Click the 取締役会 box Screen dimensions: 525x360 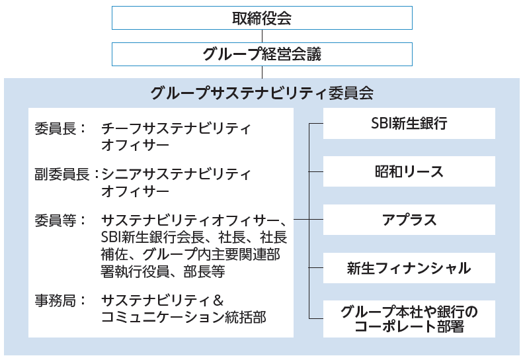[x=262, y=18]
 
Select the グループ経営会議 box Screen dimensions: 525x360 [x=262, y=54]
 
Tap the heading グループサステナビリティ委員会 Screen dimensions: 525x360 [x=262, y=93]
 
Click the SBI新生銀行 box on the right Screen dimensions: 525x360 [x=409, y=123]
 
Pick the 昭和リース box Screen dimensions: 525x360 [x=409, y=171]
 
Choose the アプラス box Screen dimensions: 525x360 [x=409, y=220]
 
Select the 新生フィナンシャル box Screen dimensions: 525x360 [x=409, y=268]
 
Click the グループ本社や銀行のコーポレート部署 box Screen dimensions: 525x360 [x=409, y=319]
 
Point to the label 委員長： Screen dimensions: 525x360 [x=60, y=129]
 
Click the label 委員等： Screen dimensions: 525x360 [x=60, y=220]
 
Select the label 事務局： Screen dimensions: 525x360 [x=60, y=300]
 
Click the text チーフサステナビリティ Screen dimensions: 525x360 [x=176, y=129]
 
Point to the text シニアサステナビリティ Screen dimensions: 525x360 [x=176, y=174]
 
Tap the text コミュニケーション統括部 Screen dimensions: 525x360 [x=183, y=317]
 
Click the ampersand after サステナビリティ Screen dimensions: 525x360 [x=218, y=300]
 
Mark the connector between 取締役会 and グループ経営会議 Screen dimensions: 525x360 [x=262, y=36]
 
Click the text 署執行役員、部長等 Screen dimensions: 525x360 [x=163, y=271]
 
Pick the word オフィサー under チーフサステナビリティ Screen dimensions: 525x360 [x=135, y=146]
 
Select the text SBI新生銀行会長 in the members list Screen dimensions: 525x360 [x=152, y=238]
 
